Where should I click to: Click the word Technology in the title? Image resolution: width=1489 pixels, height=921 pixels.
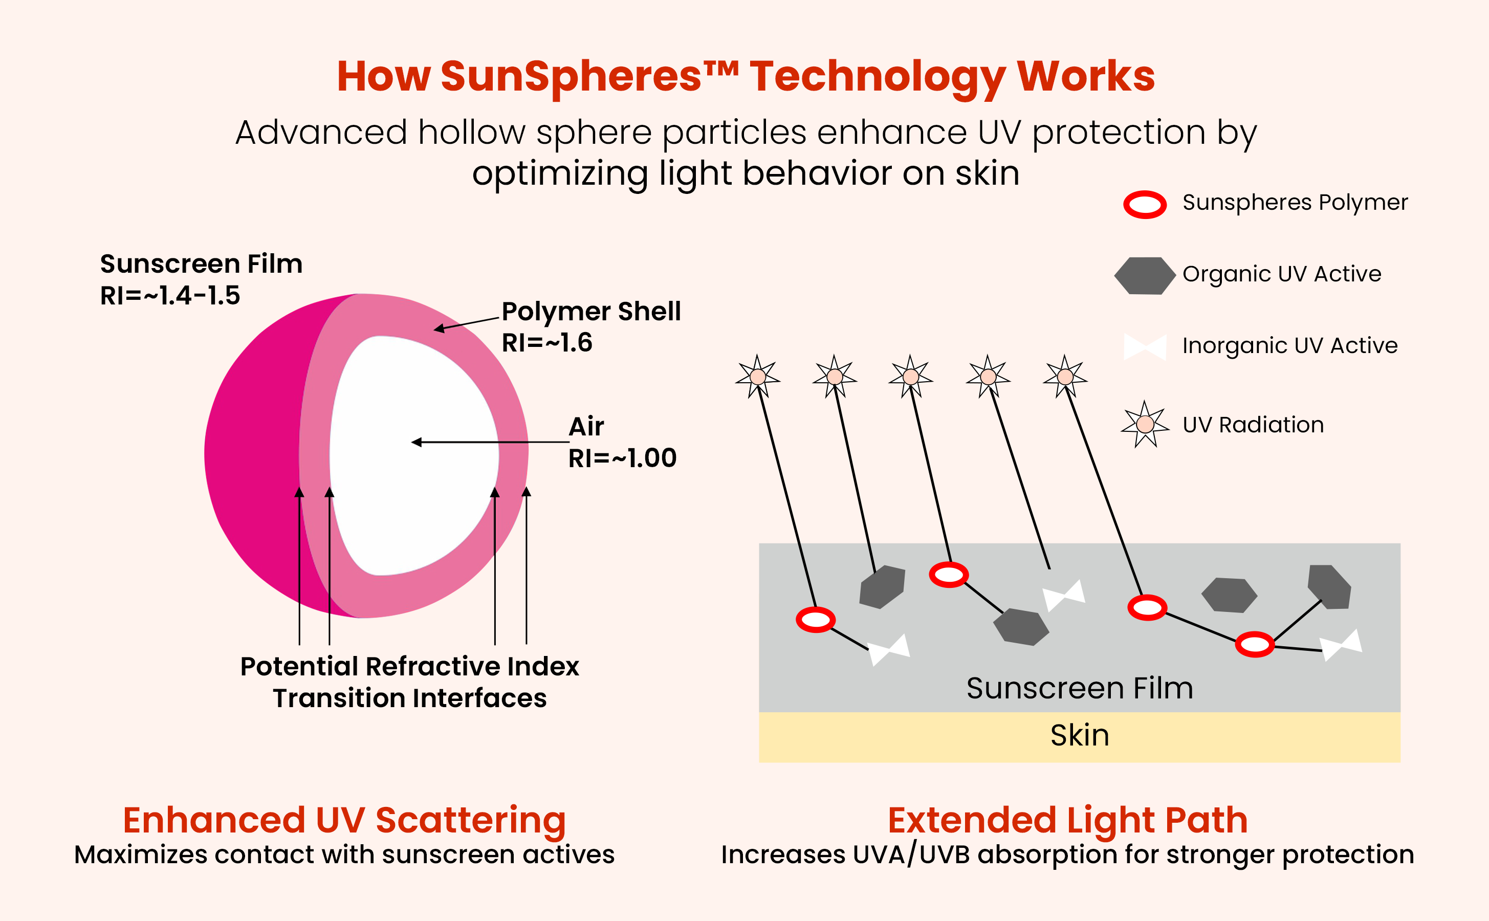[x=877, y=77]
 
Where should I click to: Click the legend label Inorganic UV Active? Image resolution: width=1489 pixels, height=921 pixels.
[x=1289, y=346]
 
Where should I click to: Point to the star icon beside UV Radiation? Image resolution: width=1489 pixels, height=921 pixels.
[x=1145, y=424]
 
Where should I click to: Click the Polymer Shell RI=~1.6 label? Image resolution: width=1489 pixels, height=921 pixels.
[x=590, y=327]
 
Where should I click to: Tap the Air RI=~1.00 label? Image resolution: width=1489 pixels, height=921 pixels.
[x=621, y=442]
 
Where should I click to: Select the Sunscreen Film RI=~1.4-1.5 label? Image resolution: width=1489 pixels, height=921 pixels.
[x=201, y=279]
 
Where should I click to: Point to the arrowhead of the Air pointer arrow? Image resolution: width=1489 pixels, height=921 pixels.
[x=417, y=442]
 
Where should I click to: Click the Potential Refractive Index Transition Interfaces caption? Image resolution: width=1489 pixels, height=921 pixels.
[x=409, y=682]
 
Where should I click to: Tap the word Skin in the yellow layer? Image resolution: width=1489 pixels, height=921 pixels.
[x=1079, y=736]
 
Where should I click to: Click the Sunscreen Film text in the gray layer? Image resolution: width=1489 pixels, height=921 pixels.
[x=1079, y=688]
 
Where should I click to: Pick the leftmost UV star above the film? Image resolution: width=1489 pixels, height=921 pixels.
[x=758, y=377]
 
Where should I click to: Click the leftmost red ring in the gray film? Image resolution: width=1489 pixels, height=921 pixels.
[x=816, y=620]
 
